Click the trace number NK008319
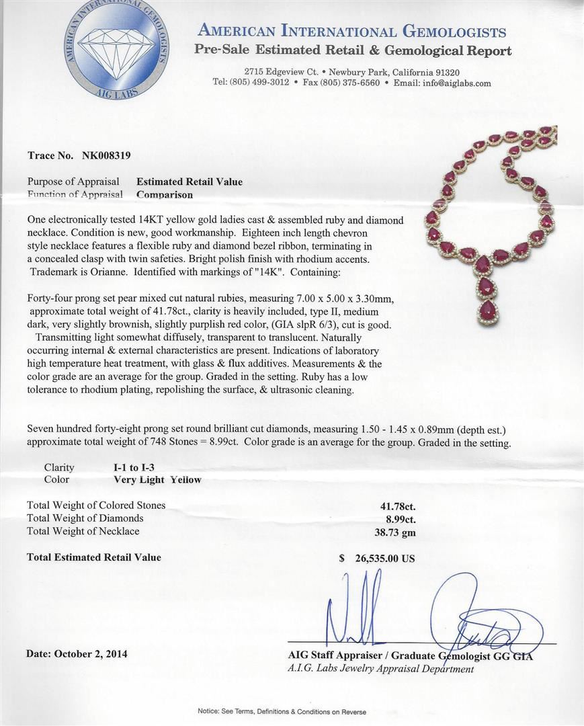[106, 155]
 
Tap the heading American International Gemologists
[351, 32]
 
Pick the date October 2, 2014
[77, 653]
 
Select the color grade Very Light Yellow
[157, 480]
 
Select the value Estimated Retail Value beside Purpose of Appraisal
[190, 182]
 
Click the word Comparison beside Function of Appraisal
[164, 195]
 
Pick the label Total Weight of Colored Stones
[96, 506]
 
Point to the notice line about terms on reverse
[282, 711]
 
